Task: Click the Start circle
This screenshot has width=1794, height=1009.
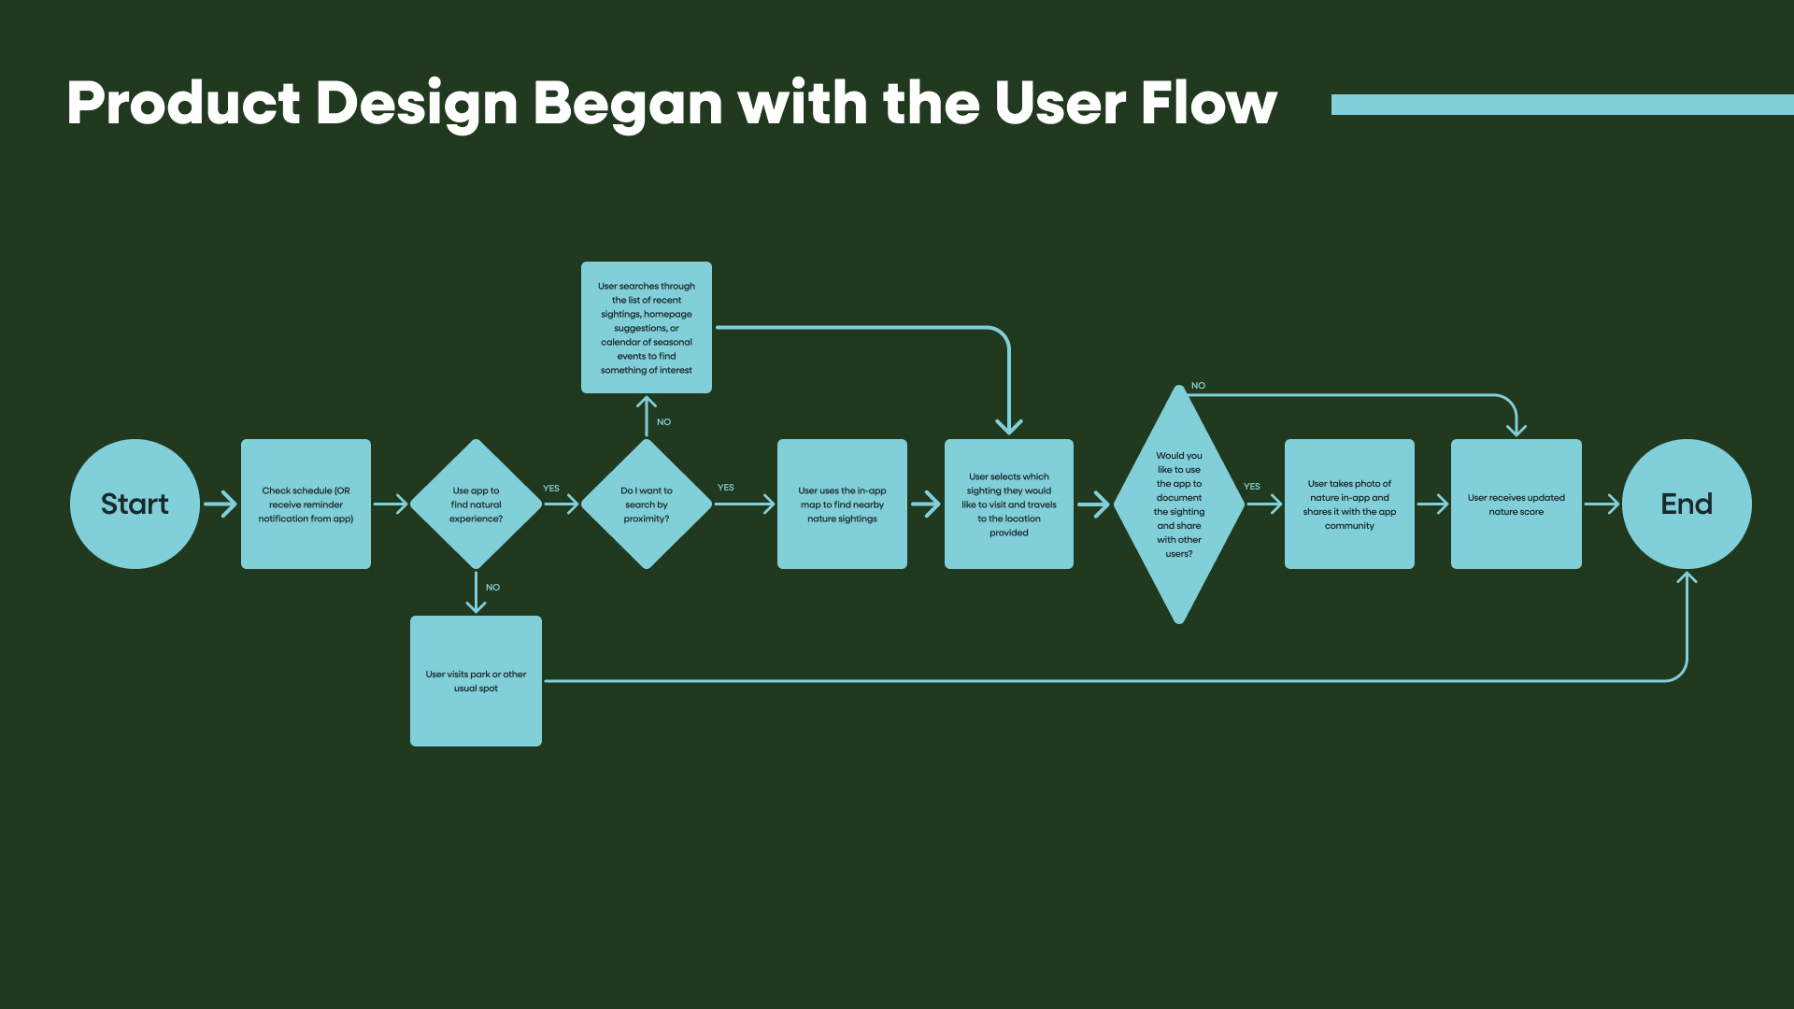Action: click(x=135, y=504)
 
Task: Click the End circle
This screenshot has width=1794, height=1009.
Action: click(x=1687, y=504)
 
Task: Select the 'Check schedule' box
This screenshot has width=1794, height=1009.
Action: click(x=306, y=504)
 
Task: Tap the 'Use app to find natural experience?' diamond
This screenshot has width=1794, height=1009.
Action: click(x=476, y=504)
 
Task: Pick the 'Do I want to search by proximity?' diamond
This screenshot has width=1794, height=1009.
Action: click(x=647, y=504)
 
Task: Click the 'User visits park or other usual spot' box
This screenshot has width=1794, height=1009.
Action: click(x=476, y=680)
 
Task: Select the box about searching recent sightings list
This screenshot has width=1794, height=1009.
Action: click(x=647, y=327)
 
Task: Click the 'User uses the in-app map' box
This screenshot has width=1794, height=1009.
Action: click(x=842, y=504)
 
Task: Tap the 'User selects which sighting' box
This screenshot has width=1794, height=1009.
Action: click(x=1009, y=504)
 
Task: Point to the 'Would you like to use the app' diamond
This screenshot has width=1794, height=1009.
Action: click(x=1179, y=504)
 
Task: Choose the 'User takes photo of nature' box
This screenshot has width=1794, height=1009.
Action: click(x=1349, y=504)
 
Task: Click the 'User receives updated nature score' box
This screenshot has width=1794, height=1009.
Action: click(x=1516, y=504)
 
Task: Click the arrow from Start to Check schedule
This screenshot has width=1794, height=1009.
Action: click(x=221, y=504)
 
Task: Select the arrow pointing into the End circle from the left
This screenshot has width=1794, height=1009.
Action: click(x=1602, y=504)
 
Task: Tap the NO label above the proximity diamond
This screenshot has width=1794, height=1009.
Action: click(x=663, y=422)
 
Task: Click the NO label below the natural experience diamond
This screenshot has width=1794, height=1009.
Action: click(x=492, y=588)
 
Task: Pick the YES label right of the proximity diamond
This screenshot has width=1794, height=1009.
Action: click(x=725, y=488)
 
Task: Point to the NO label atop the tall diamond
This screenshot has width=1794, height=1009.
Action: click(x=1198, y=386)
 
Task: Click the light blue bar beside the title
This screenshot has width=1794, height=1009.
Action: click(x=1560, y=104)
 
